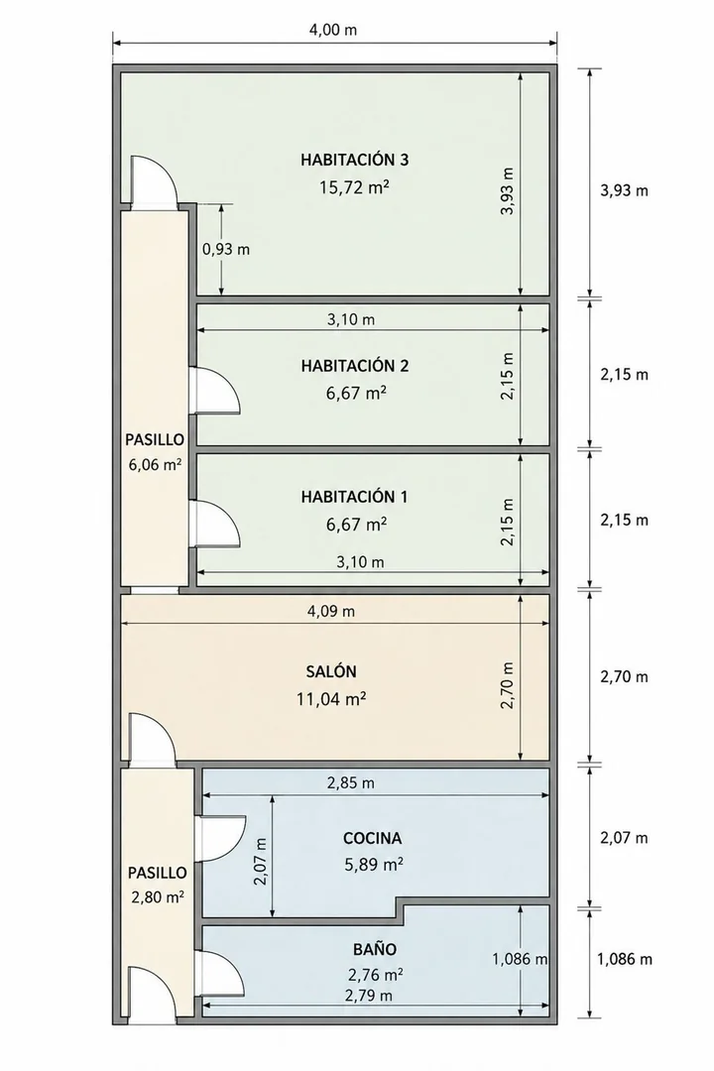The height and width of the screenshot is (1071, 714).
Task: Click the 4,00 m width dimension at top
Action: pos(333,30)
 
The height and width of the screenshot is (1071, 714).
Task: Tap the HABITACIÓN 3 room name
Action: pos(355,160)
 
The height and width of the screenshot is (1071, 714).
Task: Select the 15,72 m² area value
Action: pos(355,187)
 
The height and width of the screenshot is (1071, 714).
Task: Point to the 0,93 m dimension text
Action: pos(226,249)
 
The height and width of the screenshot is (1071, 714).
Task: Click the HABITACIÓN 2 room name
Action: pos(355,366)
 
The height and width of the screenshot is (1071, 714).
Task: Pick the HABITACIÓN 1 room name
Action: pos(355,497)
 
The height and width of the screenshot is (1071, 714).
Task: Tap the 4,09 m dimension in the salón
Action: pos(331,611)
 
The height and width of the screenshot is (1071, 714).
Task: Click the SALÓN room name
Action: pos(331,672)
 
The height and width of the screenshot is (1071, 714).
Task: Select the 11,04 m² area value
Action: pos(331,699)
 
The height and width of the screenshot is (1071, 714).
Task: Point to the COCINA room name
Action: pos(373,838)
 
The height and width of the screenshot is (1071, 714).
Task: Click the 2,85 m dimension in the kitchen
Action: pos(350,782)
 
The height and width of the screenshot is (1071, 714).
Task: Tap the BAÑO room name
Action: pos(375,949)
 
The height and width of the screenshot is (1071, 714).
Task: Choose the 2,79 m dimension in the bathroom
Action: pos(369,996)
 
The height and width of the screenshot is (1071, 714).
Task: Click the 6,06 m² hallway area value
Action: pos(155,465)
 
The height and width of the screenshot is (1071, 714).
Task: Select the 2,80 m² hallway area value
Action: pos(157,897)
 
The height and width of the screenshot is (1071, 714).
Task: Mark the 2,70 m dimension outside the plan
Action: pos(625,677)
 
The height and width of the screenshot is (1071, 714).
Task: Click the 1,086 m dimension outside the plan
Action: pos(625,959)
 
